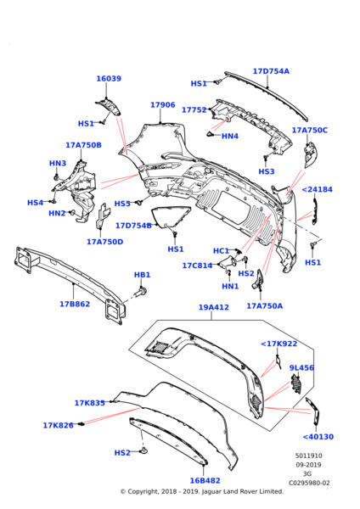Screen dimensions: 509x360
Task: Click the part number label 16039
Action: (x=109, y=79)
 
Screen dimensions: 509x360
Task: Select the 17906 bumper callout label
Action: (x=163, y=105)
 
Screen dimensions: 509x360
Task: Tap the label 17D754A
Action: (x=271, y=71)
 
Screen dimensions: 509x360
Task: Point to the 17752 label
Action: (x=218, y=109)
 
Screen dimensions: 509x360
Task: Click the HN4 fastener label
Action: (x=230, y=136)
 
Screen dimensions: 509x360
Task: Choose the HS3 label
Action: (x=267, y=171)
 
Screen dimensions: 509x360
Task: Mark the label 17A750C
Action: (x=310, y=131)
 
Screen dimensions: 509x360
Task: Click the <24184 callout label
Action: (x=317, y=190)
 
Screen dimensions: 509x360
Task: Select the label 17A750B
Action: (x=83, y=145)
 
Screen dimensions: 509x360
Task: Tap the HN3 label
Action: (x=58, y=163)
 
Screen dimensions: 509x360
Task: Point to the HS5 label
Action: (x=122, y=204)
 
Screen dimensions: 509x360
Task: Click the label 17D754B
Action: (x=133, y=226)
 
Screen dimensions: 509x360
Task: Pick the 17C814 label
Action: (x=197, y=266)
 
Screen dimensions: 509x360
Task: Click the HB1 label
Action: (x=143, y=275)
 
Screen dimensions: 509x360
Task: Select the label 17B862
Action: (x=76, y=303)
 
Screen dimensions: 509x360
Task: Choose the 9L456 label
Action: (x=301, y=368)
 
